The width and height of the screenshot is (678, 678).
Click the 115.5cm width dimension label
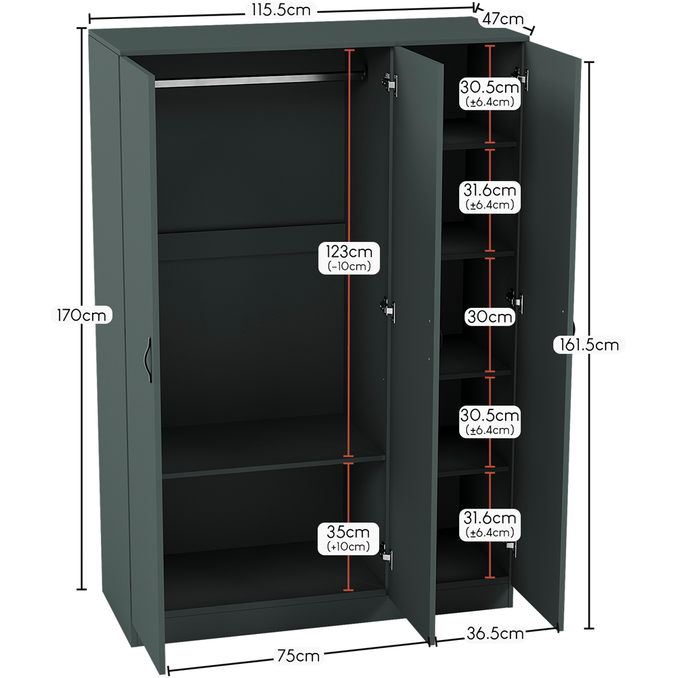tap(281, 10)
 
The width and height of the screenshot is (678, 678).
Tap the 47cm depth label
tap(503, 19)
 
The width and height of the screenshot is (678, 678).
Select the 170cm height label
tap(81, 315)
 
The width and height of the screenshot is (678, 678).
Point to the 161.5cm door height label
tap(589, 344)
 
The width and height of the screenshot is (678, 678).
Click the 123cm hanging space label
tap(349, 252)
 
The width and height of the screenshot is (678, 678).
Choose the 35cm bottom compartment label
tap(348, 532)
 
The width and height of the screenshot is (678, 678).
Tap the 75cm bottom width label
tap(298, 656)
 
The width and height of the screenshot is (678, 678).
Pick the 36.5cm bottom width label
tap(495, 633)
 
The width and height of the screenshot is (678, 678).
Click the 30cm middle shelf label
tap(490, 317)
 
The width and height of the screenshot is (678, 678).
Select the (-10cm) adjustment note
tap(349, 266)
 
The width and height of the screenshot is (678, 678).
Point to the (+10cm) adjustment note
tap(348, 546)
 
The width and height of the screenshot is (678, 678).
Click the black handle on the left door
tap(148, 360)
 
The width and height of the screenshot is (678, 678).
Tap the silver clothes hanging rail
tap(260, 79)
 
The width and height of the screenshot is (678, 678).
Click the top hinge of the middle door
tap(390, 82)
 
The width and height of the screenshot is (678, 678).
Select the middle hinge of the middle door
tap(388, 309)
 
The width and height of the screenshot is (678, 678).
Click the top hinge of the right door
tap(521, 79)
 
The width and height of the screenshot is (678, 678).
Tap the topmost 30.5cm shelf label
tap(490, 87)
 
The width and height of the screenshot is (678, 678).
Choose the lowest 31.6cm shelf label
tap(490, 517)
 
